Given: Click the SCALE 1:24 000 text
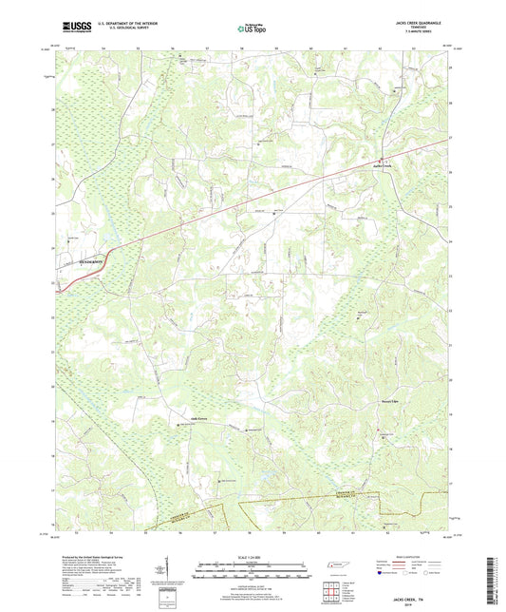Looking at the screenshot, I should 252,555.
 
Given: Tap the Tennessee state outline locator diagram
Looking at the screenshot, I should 338,567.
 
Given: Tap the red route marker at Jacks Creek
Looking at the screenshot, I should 382,159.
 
